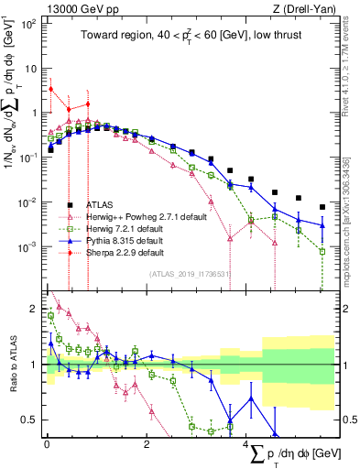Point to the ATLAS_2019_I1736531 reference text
190,274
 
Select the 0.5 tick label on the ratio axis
29,420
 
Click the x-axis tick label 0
47,444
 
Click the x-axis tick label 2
147,444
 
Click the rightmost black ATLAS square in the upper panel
322,207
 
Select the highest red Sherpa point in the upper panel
51,90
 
